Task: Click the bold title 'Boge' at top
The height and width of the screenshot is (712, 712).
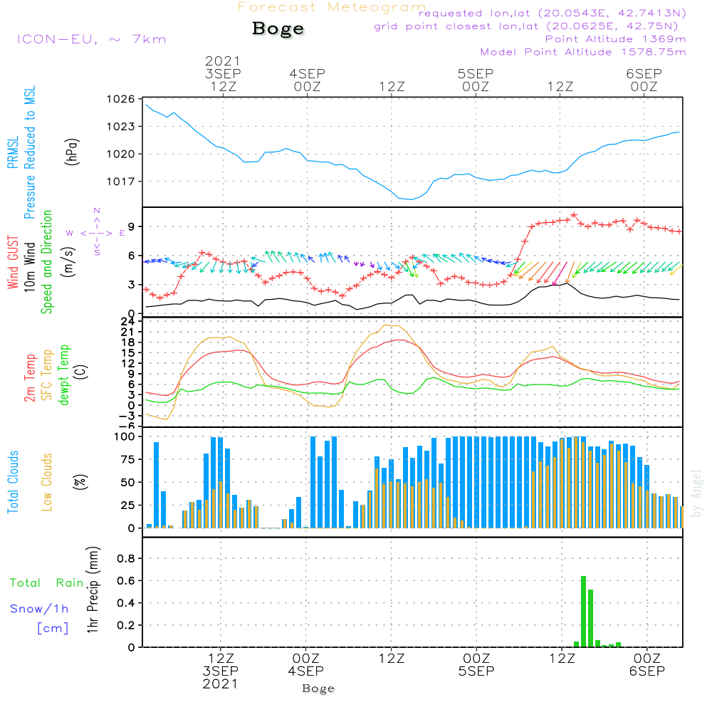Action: tap(278, 29)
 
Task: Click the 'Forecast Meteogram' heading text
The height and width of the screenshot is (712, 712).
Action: tap(332, 7)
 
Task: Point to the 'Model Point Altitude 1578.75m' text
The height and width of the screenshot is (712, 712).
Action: tap(582, 52)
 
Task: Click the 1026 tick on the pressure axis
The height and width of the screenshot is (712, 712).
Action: tap(122, 99)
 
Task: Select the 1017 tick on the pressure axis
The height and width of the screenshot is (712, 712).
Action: tap(122, 182)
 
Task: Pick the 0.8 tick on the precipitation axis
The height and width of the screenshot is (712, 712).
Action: tap(125, 559)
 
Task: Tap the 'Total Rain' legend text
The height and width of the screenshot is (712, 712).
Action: tap(46, 583)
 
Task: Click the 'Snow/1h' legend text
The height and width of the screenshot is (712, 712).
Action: tap(39, 609)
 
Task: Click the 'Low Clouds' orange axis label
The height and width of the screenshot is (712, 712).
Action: tap(47, 481)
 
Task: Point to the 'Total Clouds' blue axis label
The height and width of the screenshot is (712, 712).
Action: tap(13, 481)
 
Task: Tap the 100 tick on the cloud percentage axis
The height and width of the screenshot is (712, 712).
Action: tap(124, 436)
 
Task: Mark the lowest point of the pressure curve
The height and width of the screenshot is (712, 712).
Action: tap(411, 199)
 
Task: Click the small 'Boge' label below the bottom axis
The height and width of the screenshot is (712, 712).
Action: tap(318, 689)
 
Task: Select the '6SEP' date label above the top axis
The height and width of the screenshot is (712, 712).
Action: tap(644, 74)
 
